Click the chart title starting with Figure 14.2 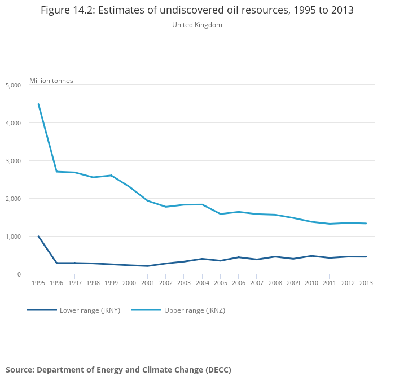(197, 11)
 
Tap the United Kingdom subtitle (197, 25)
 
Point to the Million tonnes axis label (51, 81)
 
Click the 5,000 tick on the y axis (13, 85)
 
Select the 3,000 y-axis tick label (13, 161)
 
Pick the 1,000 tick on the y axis (13, 237)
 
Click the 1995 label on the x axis (38, 283)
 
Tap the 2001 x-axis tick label (147, 283)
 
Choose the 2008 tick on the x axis (275, 283)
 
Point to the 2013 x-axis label (366, 283)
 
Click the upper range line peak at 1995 (38, 104)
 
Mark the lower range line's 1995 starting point (38, 237)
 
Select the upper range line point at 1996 (56, 172)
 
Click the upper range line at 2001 (147, 201)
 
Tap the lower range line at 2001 (147, 266)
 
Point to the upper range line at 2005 (220, 214)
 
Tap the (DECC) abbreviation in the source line (218, 370)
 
